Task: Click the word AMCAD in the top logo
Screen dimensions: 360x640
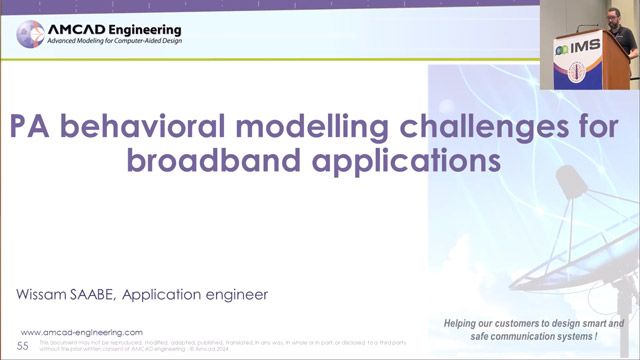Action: (73, 30)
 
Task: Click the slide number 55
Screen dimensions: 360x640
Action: (23, 344)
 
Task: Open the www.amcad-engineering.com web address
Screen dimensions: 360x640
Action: (82, 332)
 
